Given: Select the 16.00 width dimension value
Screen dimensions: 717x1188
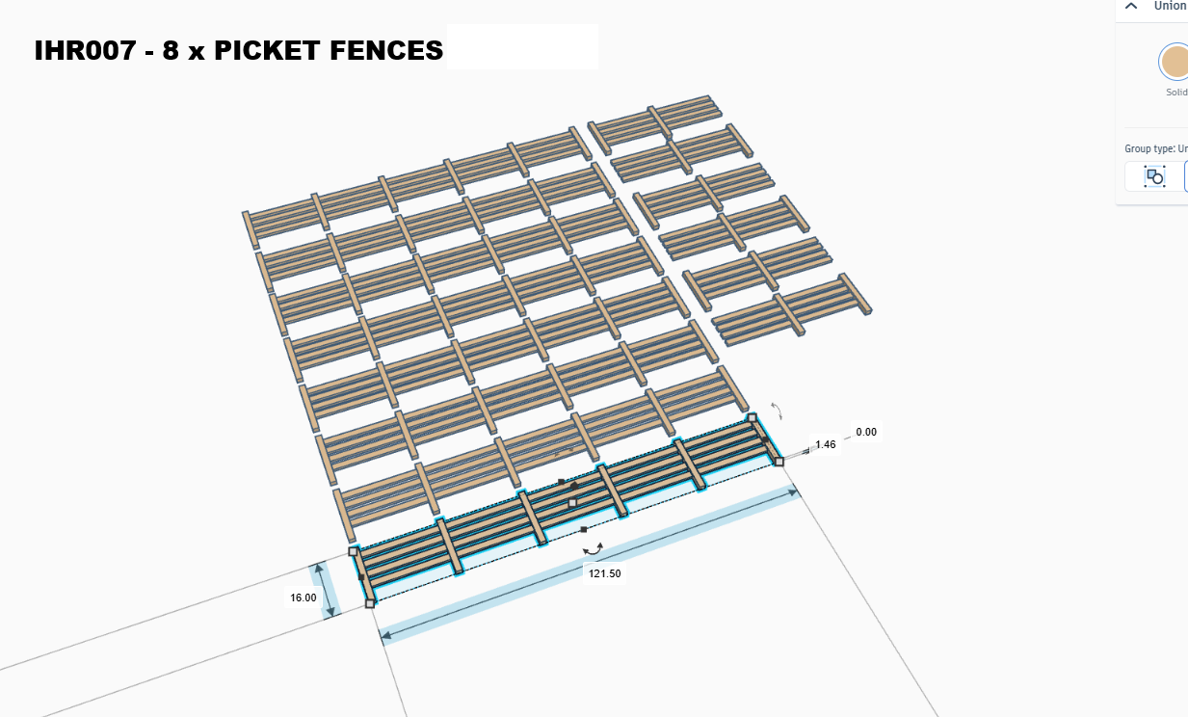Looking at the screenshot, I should pyautogui.click(x=303, y=597).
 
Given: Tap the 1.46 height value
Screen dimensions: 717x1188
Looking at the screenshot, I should pyautogui.click(x=826, y=444).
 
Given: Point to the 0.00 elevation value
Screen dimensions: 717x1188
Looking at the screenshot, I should pyautogui.click(x=866, y=432).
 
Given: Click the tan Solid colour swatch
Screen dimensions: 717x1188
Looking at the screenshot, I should pyautogui.click(x=1175, y=62).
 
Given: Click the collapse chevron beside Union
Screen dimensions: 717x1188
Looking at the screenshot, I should pyautogui.click(x=1131, y=6).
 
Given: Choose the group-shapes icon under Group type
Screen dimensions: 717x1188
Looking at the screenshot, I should pyautogui.click(x=1154, y=176).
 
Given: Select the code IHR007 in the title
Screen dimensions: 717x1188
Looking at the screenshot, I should pyautogui.click(x=85, y=51).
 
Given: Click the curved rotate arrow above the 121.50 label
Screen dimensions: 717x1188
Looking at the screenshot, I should pyautogui.click(x=594, y=548).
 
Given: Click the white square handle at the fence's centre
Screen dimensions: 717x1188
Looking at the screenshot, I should pyautogui.click(x=572, y=503).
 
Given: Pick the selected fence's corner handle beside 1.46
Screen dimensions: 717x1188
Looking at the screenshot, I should pyautogui.click(x=779, y=462).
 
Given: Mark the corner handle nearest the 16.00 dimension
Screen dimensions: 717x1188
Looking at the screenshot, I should pyautogui.click(x=369, y=603).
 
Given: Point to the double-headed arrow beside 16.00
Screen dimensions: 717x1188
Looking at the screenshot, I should pyautogui.click(x=326, y=590).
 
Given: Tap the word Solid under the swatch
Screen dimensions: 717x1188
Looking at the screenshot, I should pyautogui.click(x=1176, y=93).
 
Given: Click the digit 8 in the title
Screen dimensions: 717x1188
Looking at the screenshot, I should pyautogui.click(x=171, y=51).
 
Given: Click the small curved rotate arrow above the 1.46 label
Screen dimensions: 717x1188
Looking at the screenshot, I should pyautogui.click(x=778, y=411).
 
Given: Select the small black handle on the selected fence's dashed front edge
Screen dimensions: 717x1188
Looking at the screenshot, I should pyautogui.click(x=584, y=529).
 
